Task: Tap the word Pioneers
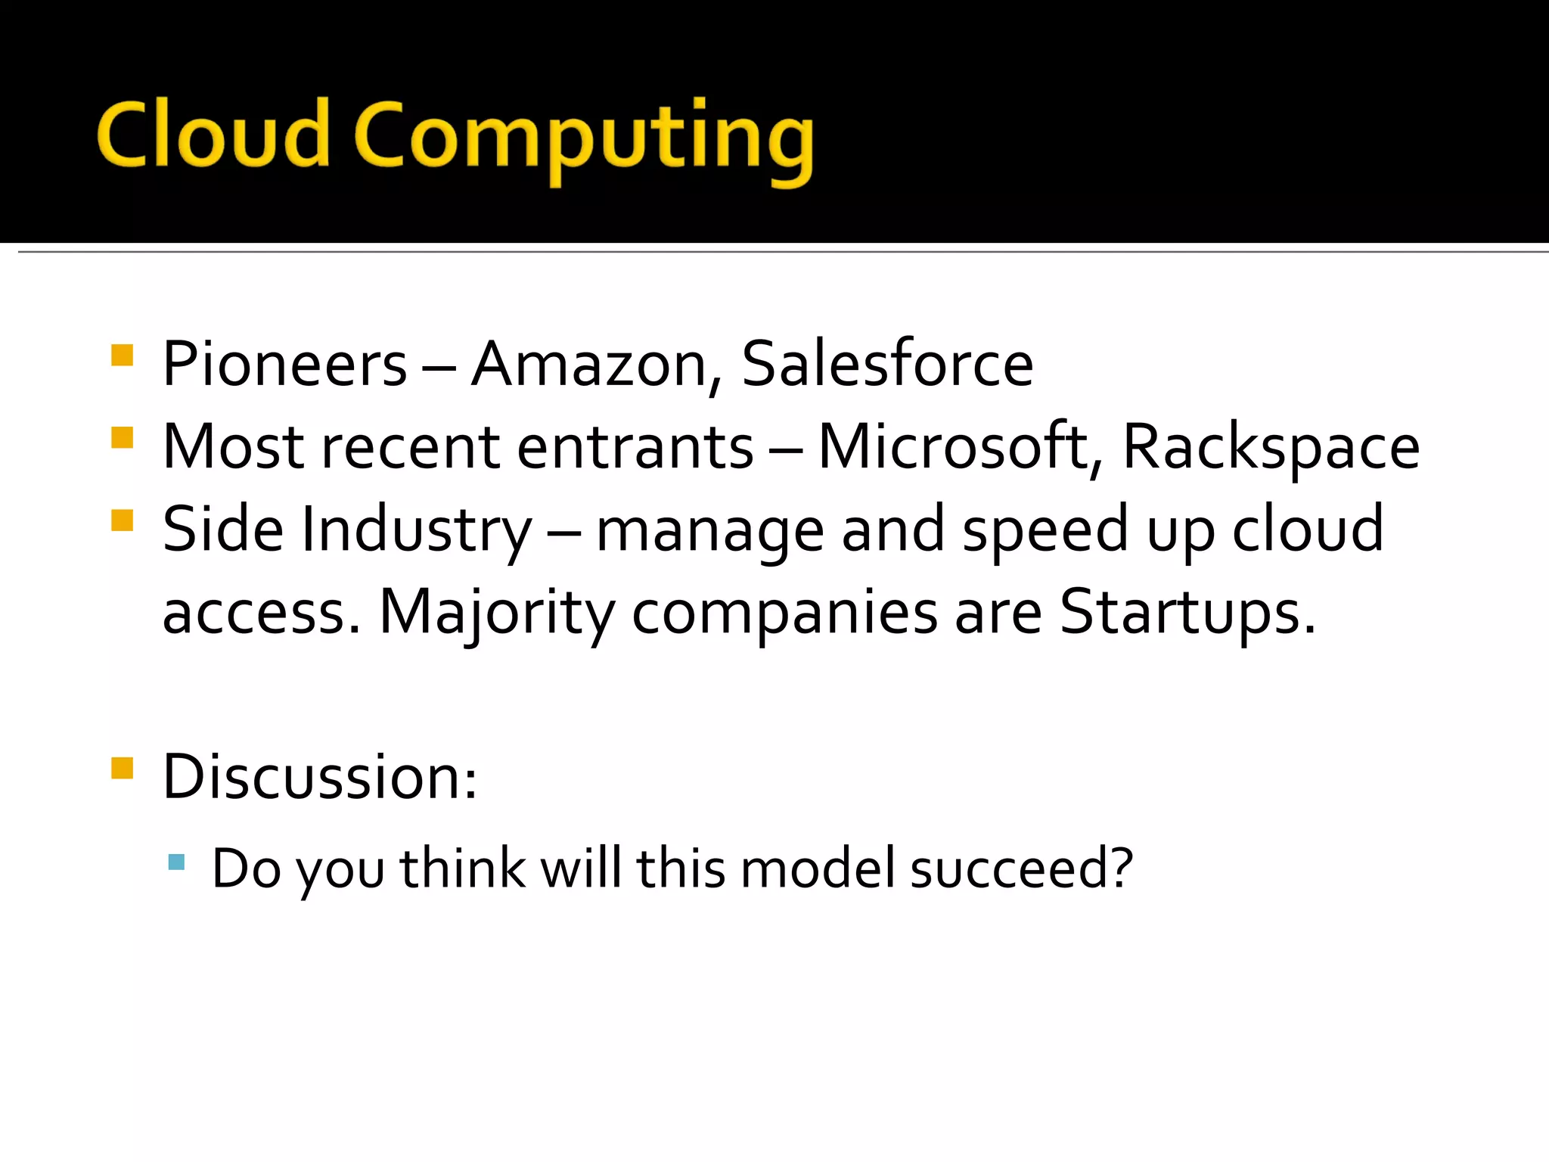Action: click(x=284, y=365)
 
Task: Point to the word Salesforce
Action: click(x=886, y=365)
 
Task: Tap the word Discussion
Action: click(x=319, y=778)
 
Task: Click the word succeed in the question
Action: click(x=1021, y=868)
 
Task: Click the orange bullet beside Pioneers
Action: click(x=122, y=356)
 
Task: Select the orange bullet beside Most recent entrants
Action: click(x=122, y=438)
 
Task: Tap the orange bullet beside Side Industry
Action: click(x=122, y=520)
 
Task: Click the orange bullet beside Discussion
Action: click(x=122, y=768)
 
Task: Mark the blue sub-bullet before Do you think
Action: click(x=176, y=862)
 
